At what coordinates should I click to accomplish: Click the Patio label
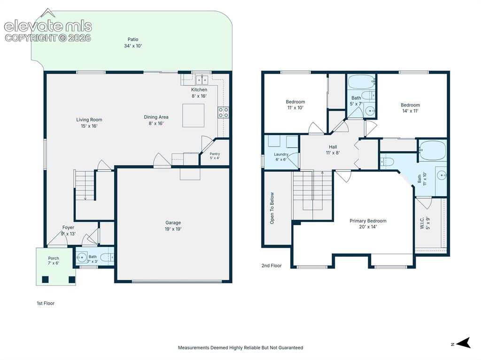pyautogui.click(x=133, y=39)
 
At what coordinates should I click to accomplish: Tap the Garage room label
pyautogui.click(x=173, y=222)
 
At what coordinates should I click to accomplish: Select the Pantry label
pyautogui.click(x=215, y=154)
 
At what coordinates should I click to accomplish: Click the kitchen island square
pyautogui.click(x=193, y=115)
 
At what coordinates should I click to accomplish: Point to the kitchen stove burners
pyautogui.click(x=223, y=112)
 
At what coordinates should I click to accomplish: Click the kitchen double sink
pyautogui.click(x=202, y=80)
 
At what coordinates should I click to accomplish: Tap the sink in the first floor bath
pyautogui.click(x=82, y=257)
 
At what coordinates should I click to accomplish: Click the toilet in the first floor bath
pyautogui.click(x=108, y=257)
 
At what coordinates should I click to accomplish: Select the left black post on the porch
pyautogui.click(x=46, y=279)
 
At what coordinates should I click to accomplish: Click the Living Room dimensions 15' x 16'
pyautogui.click(x=89, y=126)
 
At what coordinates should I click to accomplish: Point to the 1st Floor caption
pyautogui.click(x=46, y=303)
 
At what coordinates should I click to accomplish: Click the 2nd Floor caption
pyautogui.click(x=272, y=266)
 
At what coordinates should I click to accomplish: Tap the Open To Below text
pyautogui.click(x=272, y=208)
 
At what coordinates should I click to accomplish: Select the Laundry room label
pyautogui.click(x=281, y=154)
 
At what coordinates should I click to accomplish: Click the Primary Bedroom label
pyautogui.click(x=368, y=221)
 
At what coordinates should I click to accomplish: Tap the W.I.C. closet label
pyautogui.click(x=422, y=223)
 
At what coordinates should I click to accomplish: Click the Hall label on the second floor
pyautogui.click(x=333, y=147)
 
